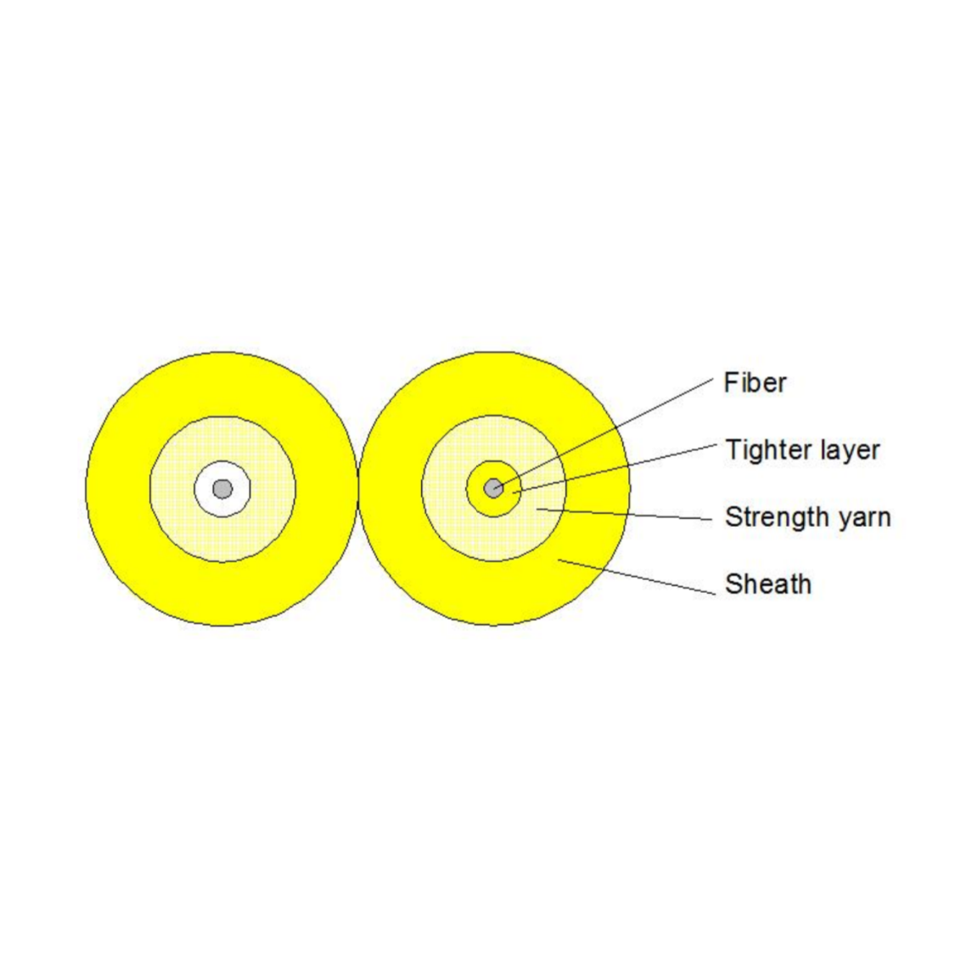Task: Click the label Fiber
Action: (755, 382)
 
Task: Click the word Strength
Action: (777, 517)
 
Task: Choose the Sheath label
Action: (768, 584)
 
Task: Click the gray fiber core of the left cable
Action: (222, 488)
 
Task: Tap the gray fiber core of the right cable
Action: (494, 488)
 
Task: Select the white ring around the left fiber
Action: (205, 488)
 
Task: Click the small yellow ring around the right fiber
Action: (475, 488)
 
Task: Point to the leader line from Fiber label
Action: (604, 433)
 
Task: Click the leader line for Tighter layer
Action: (615, 468)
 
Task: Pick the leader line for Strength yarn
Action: (625, 514)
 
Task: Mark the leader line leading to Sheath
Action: (637, 577)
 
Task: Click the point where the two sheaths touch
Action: (358, 488)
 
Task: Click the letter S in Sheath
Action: (734, 584)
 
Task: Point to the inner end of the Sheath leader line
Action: (559, 559)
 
